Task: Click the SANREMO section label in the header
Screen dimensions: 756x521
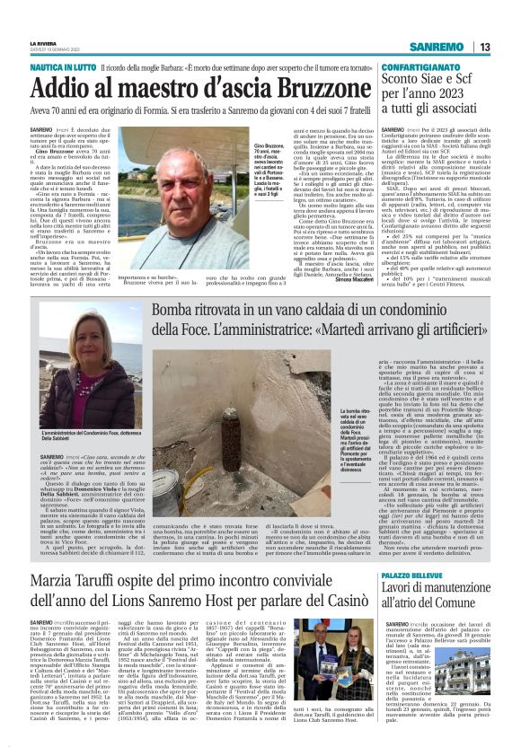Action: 437,47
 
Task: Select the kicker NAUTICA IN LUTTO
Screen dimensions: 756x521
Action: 64,67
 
